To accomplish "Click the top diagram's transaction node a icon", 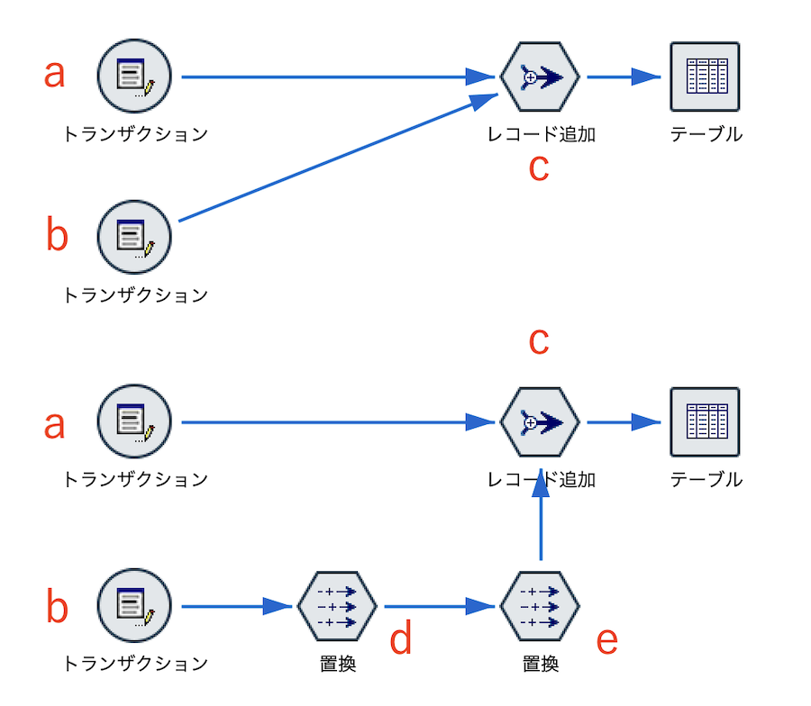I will tap(134, 77).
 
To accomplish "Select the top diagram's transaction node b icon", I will tap(134, 238).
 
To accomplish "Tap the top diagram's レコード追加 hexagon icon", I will tap(539, 77).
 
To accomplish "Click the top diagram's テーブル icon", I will tap(705, 77).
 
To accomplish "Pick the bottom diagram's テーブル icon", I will tap(705, 421).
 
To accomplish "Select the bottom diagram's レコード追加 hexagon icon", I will tap(539, 421).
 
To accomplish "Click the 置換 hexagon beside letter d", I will tap(337, 607).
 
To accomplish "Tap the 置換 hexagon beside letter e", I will tap(539, 607).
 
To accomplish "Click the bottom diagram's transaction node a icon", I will tap(134, 421).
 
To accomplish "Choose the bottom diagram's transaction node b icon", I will tap(134, 607).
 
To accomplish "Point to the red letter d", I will tap(400, 639).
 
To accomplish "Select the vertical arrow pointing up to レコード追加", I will tap(540, 518).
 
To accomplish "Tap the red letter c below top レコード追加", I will tap(538, 168).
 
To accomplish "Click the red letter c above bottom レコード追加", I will tap(538, 341).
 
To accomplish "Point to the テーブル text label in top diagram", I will tap(706, 135).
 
